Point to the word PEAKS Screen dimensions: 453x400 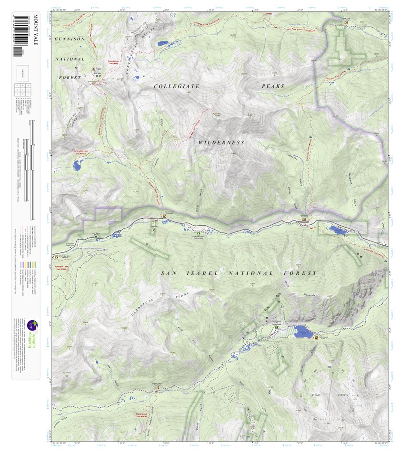tap(272, 86)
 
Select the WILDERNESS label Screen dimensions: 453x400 tap(221, 142)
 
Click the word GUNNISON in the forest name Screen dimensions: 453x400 tap(70, 39)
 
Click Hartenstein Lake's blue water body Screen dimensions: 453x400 tap(77, 166)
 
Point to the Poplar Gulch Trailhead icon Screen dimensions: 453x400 tap(158, 388)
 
